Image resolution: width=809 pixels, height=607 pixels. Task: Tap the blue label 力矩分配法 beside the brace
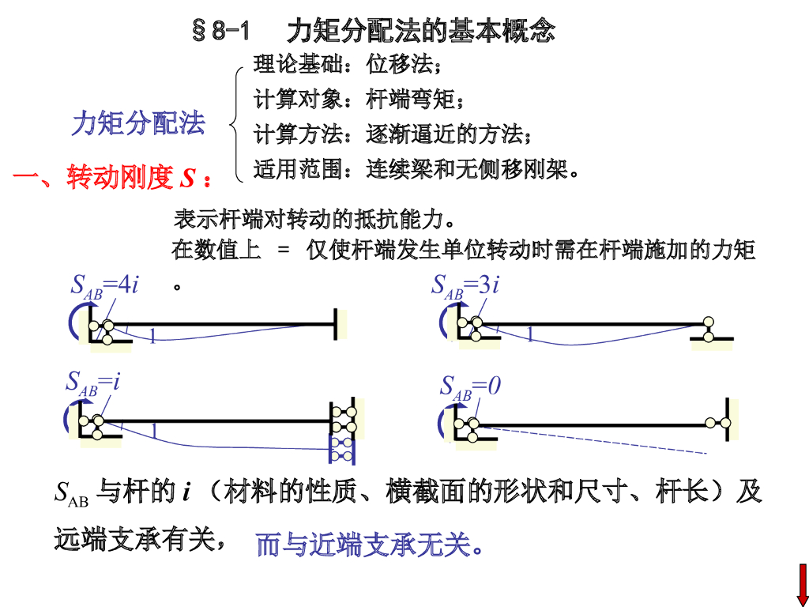[x=138, y=123]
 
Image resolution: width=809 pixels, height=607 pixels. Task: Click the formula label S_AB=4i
[x=105, y=285]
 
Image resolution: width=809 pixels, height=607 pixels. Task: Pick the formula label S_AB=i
[x=93, y=383]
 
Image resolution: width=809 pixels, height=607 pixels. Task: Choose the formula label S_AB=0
[x=471, y=387]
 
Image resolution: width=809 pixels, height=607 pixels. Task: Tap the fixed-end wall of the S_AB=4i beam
[x=337, y=324]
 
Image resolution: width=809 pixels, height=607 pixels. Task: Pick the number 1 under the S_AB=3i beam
[x=530, y=335]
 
